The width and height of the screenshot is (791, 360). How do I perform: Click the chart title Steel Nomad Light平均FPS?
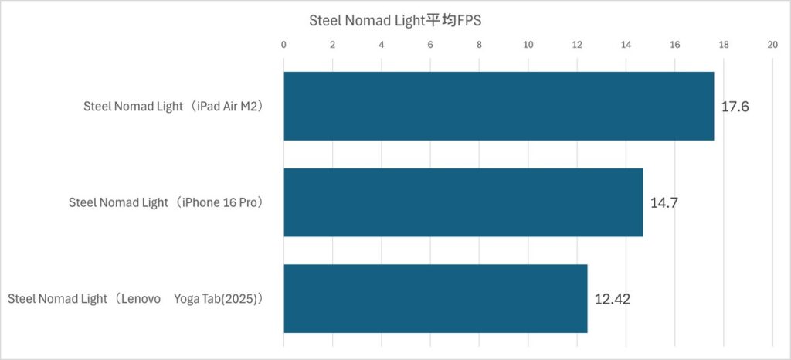(395, 21)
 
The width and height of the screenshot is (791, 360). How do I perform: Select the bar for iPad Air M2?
(498, 106)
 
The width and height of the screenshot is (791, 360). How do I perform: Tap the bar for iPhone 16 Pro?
(463, 202)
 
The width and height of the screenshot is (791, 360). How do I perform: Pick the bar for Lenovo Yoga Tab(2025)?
(435, 298)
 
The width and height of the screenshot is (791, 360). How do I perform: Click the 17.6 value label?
(735, 107)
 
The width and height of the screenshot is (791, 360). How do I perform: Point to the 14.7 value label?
(664, 203)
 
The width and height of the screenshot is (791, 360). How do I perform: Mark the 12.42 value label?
(613, 299)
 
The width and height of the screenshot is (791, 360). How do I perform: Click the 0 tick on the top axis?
(284, 45)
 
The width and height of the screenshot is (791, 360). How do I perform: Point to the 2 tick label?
(333, 45)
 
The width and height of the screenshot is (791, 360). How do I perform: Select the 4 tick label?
(382, 45)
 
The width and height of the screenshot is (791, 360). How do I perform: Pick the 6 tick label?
(430, 45)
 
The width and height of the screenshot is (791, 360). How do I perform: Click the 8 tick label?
(480, 45)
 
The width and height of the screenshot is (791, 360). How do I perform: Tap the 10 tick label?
(528, 45)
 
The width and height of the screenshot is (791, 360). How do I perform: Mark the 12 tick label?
(577, 45)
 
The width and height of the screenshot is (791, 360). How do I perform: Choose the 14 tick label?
(626, 45)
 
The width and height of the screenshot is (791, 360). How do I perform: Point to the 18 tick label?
(724, 45)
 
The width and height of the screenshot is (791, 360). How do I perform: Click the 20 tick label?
(772, 45)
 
